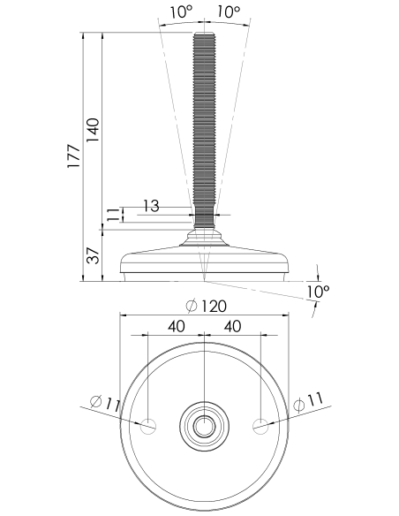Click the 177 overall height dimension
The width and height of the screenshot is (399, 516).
73,156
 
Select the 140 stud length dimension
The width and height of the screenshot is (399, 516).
93,130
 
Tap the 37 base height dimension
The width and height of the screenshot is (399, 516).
93,255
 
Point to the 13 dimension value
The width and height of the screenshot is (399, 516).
151,206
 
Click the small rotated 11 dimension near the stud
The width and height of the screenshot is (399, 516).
112,214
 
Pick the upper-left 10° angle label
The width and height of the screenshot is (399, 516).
181,12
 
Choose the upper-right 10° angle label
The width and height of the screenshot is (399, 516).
229,12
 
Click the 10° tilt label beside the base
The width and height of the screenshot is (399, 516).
318,292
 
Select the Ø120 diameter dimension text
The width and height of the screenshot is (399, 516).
206,306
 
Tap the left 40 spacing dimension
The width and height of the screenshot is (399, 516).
177,326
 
